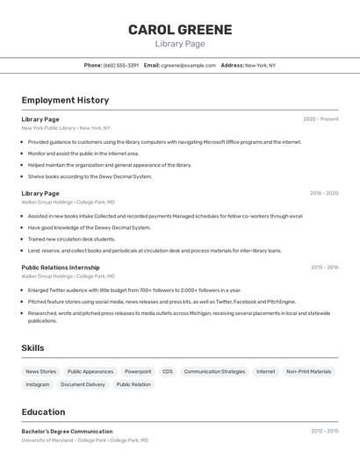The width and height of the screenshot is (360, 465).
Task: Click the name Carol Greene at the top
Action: (x=180, y=30)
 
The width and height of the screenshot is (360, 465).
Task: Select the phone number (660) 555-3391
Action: (x=121, y=65)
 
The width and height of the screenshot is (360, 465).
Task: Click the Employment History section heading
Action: (x=65, y=101)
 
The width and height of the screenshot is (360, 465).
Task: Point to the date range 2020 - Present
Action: (x=320, y=119)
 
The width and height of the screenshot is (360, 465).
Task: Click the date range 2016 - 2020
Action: (x=324, y=193)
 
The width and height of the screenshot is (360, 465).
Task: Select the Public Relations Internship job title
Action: (x=61, y=268)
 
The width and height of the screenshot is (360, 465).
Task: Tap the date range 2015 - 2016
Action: (x=324, y=268)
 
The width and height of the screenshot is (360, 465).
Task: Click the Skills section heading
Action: (x=32, y=348)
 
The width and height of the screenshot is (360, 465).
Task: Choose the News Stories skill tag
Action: (x=40, y=372)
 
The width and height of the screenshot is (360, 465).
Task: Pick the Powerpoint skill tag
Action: (x=138, y=372)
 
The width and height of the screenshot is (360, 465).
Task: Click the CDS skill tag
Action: (x=168, y=372)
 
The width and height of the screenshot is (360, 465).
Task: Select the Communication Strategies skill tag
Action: (x=214, y=372)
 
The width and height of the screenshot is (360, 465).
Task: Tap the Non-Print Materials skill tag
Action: (x=309, y=372)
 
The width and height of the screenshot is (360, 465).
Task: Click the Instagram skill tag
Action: (x=38, y=384)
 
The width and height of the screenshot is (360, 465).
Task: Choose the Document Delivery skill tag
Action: (x=83, y=384)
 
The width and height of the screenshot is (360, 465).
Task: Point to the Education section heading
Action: (x=43, y=412)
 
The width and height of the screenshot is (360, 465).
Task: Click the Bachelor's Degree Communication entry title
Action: (x=67, y=432)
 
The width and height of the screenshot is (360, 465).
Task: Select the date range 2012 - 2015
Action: (x=324, y=432)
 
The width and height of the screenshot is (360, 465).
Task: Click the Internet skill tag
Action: (x=265, y=372)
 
